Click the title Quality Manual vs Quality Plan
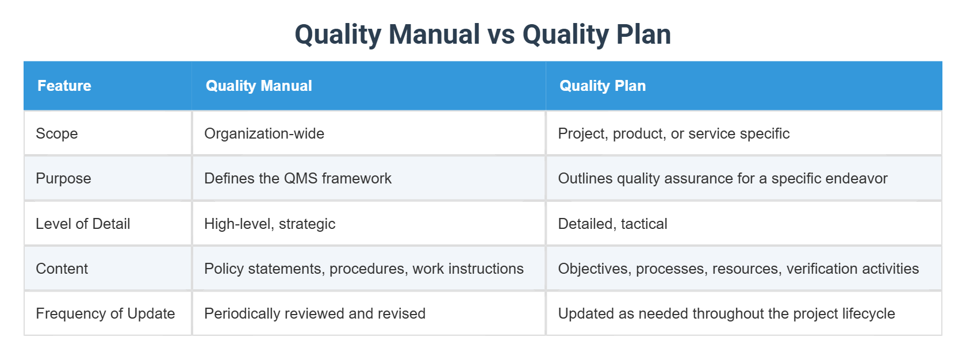pos(482,34)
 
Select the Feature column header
pos(64,86)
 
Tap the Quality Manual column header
pos(259,86)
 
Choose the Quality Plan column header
pos(602,86)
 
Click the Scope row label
pos(56,133)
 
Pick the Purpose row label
pos(63,178)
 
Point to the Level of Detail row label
pos(83,224)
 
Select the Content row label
pos(62,269)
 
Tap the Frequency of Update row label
pos(105,313)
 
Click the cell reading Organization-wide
pos(264,133)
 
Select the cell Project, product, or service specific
pos(673,133)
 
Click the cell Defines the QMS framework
pos(297,178)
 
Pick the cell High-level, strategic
pos(270,224)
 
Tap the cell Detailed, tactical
pos(612,224)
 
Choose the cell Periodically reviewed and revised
pos(315,313)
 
